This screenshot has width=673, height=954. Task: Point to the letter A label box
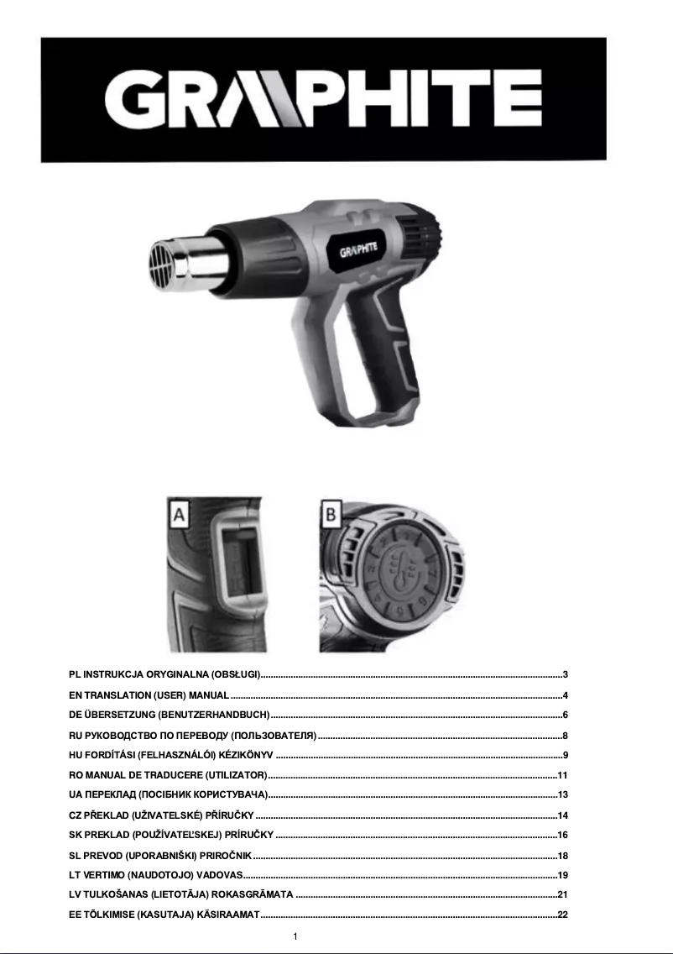(180, 514)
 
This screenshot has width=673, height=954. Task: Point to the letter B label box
(331, 514)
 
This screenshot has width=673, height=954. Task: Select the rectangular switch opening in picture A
(240, 570)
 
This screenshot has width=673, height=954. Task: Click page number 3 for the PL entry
(566, 674)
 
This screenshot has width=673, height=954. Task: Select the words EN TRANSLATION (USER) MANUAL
(149, 695)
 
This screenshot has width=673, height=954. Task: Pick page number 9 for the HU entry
(566, 754)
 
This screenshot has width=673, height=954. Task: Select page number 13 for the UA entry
(564, 794)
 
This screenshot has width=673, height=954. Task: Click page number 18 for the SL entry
(564, 855)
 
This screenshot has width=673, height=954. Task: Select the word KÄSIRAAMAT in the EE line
(229, 915)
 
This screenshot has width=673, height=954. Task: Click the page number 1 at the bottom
(296, 936)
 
